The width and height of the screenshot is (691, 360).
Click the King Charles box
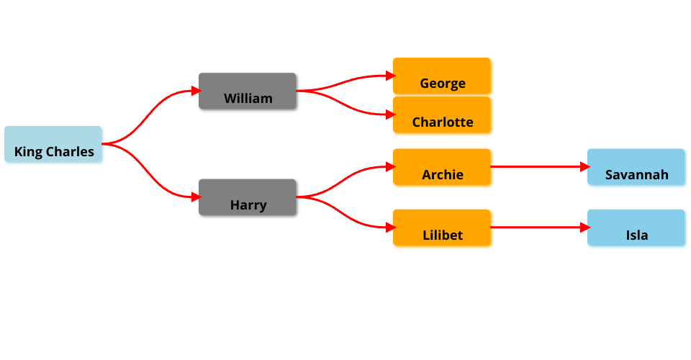[x=53, y=144]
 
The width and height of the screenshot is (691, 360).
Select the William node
[x=247, y=91]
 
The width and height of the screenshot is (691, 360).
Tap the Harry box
[x=247, y=197]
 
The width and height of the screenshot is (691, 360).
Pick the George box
[x=441, y=76]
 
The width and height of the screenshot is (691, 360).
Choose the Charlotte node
[x=441, y=114]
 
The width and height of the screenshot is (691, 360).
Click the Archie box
[x=441, y=167]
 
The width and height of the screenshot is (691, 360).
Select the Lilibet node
[x=441, y=228]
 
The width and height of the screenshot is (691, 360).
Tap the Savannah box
[x=636, y=167]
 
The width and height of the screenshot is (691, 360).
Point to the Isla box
[x=636, y=228]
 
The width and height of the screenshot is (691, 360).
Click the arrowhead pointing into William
[x=195, y=91]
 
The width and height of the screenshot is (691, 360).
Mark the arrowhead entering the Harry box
[x=195, y=197]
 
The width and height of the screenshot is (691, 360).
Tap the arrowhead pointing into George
[x=389, y=76]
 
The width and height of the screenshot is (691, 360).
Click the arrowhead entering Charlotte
[x=389, y=114]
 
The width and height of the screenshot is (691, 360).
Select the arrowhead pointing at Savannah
[x=584, y=167]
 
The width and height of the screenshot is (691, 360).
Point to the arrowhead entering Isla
[x=584, y=228]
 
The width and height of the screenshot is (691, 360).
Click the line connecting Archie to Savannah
[x=536, y=167]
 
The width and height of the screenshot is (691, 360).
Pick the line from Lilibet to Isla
[x=536, y=228]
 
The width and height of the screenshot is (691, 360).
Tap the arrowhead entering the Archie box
[x=389, y=167]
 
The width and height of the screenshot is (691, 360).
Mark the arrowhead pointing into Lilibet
[x=389, y=228]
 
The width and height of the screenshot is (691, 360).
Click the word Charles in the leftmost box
[x=71, y=152]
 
